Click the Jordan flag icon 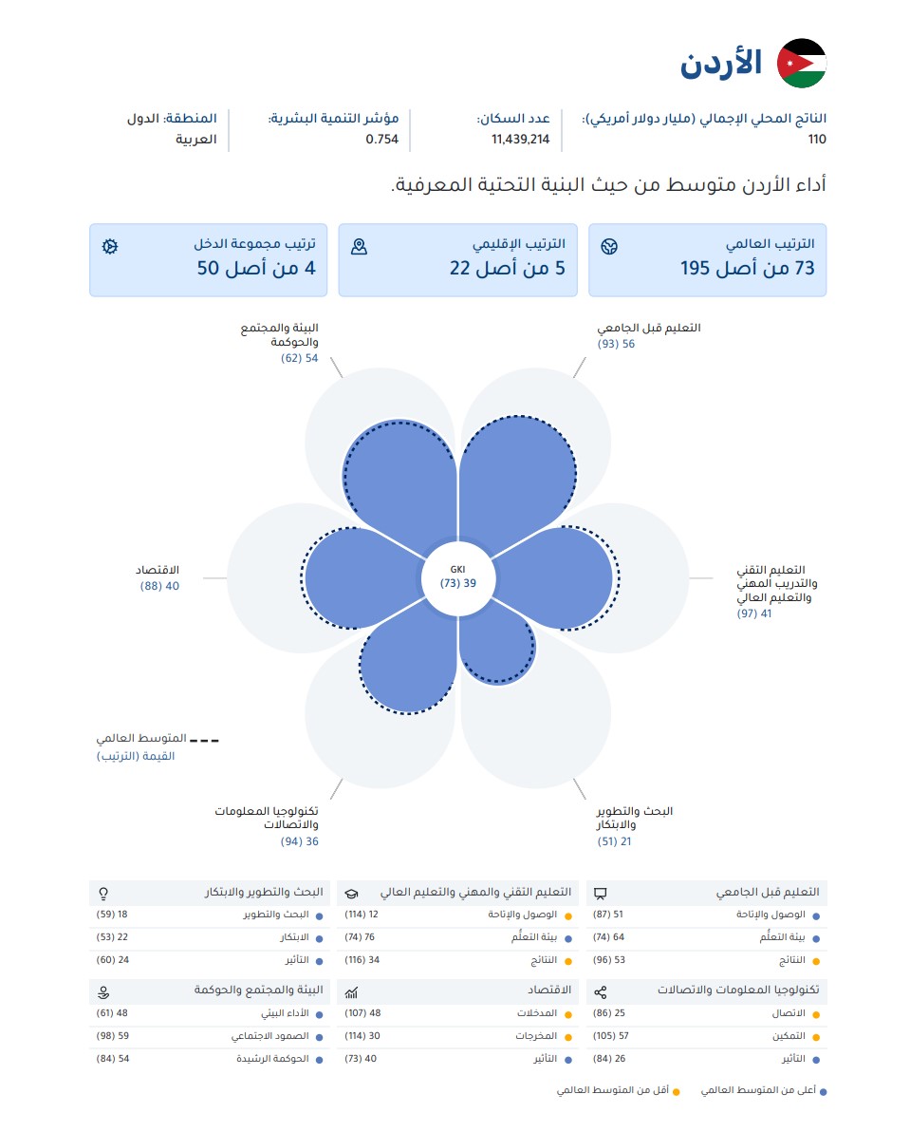802,63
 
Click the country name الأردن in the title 722,64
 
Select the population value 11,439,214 520,139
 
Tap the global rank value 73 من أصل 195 748,268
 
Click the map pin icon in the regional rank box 359,247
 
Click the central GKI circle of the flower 457,577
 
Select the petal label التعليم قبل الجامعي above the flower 649,328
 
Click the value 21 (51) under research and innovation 614,841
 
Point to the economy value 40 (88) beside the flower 159,586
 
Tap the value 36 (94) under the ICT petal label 300,841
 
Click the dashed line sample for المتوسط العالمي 204,738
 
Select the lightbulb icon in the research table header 103,893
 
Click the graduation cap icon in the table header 351,893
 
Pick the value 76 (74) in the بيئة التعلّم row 361,937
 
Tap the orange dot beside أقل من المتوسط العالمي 677,1092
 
